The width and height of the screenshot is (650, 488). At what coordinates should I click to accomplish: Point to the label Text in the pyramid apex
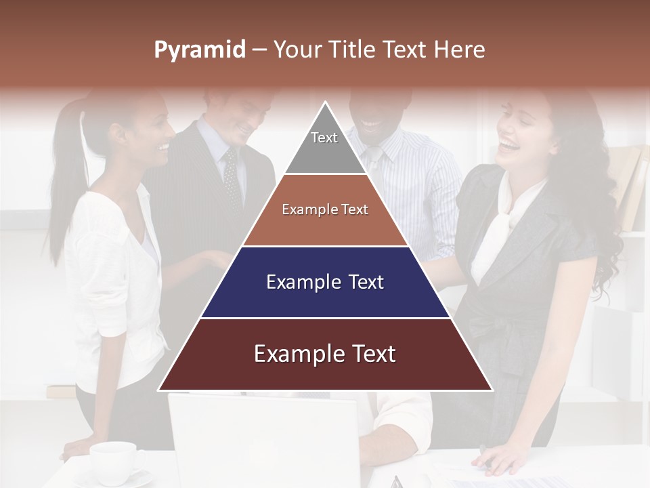coord(324,138)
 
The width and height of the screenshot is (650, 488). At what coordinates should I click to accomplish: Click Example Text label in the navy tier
coord(325,282)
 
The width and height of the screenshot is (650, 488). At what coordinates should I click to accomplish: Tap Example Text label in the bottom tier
coord(325,354)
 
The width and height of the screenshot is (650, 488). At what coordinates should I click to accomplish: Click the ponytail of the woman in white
coord(64,176)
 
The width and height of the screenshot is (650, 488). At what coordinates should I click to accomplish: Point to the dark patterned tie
coord(232,176)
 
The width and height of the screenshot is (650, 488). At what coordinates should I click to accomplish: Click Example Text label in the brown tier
coord(325,209)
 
